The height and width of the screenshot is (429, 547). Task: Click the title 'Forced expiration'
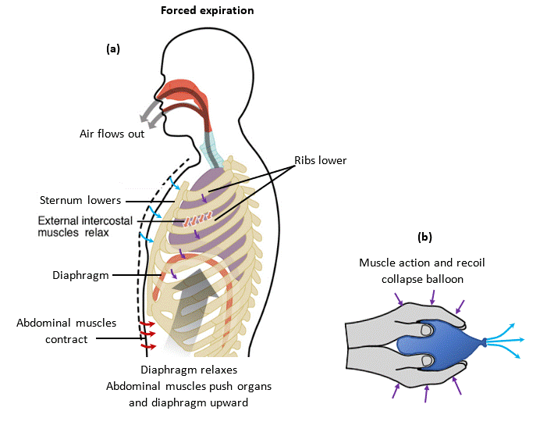pyautogui.click(x=207, y=11)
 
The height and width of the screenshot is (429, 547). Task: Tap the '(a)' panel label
pyautogui.click(x=113, y=48)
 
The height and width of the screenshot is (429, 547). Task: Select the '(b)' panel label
pyautogui.click(x=424, y=236)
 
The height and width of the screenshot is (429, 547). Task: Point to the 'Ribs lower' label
pyautogui.click(x=320, y=160)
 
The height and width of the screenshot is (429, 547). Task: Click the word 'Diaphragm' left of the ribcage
pyautogui.click(x=81, y=275)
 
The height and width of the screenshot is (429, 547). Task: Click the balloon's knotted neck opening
pyautogui.click(x=485, y=341)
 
